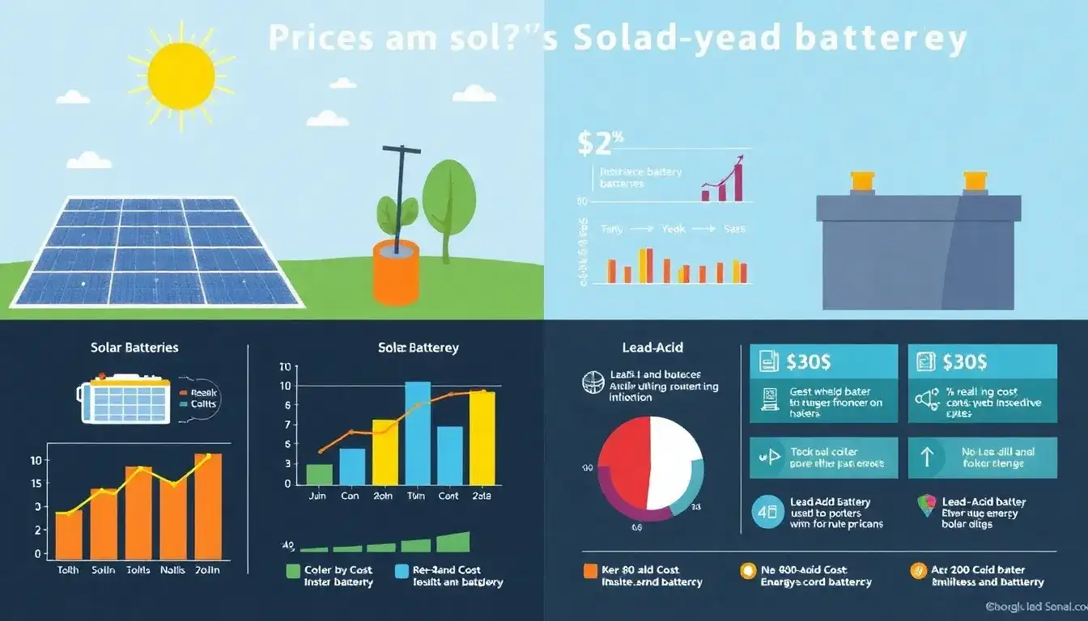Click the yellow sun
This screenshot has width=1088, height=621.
point(181,76)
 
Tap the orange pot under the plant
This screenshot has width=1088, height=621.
point(396,273)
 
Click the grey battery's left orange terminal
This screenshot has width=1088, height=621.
point(860,181)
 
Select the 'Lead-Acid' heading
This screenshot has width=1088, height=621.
point(652,348)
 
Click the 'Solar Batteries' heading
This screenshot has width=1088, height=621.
point(134,348)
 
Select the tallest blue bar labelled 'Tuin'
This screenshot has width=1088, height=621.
point(417,433)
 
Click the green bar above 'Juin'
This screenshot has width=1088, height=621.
point(319,474)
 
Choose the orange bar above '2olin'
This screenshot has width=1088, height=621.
point(208,504)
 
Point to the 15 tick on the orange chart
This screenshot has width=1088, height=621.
point(36,484)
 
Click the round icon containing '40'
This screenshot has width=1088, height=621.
point(767,512)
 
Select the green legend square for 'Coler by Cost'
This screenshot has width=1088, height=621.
point(293,571)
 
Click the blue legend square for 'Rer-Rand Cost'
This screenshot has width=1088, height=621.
point(402,571)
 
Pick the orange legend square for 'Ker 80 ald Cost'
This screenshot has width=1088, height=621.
point(590,571)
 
